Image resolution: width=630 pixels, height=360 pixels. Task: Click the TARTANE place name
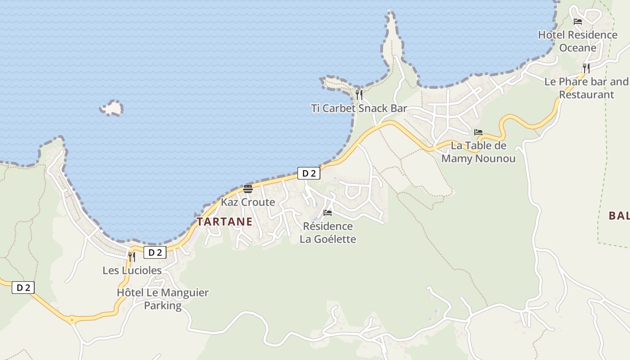(x=224, y=222)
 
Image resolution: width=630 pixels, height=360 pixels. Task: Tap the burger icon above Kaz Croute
(x=248, y=189)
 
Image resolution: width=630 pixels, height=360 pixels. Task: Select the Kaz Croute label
(x=248, y=202)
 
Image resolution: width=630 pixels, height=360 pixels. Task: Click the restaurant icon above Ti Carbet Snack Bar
(x=359, y=94)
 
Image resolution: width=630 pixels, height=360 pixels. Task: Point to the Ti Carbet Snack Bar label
(x=359, y=108)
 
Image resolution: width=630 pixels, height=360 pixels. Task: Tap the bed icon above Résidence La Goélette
(x=328, y=212)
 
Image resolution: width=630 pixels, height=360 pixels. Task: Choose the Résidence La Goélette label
(x=328, y=232)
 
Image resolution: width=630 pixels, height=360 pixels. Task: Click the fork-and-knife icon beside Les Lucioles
(x=131, y=256)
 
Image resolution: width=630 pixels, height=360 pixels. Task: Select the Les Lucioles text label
(x=132, y=270)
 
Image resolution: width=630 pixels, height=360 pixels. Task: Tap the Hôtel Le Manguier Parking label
(x=162, y=299)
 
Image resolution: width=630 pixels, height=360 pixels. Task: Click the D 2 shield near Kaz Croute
(x=309, y=173)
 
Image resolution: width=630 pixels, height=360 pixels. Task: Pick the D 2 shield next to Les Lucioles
(x=155, y=252)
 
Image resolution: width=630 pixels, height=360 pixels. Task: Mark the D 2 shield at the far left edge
(x=23, y=288)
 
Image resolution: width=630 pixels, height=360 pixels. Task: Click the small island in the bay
(x=112, y=108)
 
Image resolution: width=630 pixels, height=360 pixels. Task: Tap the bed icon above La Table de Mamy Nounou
(x=478, y=132)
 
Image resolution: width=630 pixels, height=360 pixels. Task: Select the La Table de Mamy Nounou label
(x=478, y=152)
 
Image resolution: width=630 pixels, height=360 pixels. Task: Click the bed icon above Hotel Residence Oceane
(x=578, y=21)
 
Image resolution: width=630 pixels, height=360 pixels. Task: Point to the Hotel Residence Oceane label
(x=578, y=41)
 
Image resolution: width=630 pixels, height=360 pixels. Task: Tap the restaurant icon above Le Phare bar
(x=586, y=68)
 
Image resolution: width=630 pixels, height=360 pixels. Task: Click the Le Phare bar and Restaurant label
(x=586, y=88)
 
